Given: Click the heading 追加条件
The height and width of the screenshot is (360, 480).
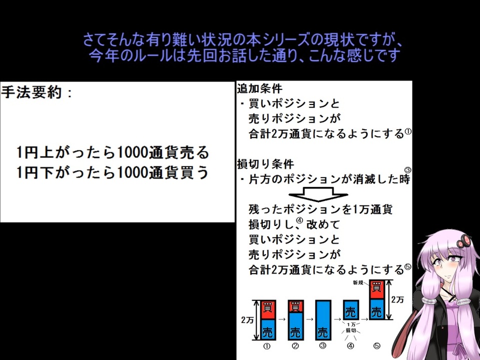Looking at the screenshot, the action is pyautogui.click(x=259, y=88).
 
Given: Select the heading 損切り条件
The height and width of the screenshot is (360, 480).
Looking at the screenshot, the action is pyautogui.click(x=265, y=164).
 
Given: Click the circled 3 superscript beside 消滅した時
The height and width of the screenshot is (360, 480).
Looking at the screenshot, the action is pyautogui.click(x=408, y=170).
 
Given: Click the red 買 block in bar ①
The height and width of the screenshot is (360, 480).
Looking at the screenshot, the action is pyautogui.click(x=268, y=309).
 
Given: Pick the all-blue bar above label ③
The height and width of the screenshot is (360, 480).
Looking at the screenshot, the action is pyautogui.click(x=323, y=320).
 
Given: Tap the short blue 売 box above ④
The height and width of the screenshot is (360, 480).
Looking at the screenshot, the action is pyautogui.click(x=350, y=310).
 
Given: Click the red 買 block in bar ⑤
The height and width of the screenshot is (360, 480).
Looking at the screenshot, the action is pyautogui.click(x=376, y=289).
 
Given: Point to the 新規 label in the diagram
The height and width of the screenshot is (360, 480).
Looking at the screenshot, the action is pyautogui.click(x=358, y=282).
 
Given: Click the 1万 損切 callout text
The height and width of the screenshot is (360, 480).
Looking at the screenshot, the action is pyautogui.click(x=351, y=327).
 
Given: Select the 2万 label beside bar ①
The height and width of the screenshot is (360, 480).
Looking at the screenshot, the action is pyautogui.click(x=247, y=320).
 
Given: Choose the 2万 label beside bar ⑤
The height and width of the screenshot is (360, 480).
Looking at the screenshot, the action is pyautogui.click(x=397, y=299).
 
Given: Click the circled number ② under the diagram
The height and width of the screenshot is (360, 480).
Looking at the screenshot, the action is pyautogui.click(x=295, y=346).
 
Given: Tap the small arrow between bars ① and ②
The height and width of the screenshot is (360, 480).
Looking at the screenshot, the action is pyautogui.click(x=281, y=319).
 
